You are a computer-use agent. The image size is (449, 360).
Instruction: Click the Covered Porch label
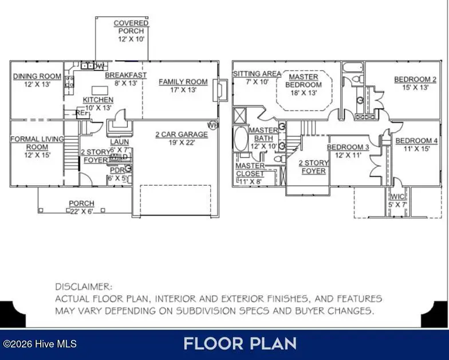[131, 27]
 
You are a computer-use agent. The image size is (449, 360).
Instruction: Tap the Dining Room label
[37, 76]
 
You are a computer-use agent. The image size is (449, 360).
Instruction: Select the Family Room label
[183, 82]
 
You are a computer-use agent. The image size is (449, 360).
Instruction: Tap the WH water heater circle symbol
[212, 125]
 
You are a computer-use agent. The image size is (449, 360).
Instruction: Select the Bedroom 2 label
[415, 79]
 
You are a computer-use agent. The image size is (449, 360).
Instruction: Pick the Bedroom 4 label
[416, 141]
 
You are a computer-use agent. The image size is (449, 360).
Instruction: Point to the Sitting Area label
[257, 74]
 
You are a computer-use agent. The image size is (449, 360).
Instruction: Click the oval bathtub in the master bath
[241, 139]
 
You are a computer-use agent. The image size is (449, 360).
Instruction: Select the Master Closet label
[250, 170]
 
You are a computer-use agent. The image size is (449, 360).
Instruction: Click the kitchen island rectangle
[100, 90]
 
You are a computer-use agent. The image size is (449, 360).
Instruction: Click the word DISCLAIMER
[84, 287]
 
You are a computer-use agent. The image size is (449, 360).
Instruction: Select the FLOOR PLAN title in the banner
[239, 343]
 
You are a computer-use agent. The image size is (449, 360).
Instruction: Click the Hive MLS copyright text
[40, 344]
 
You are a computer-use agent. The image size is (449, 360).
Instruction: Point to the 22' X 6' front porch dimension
[81, 211]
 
